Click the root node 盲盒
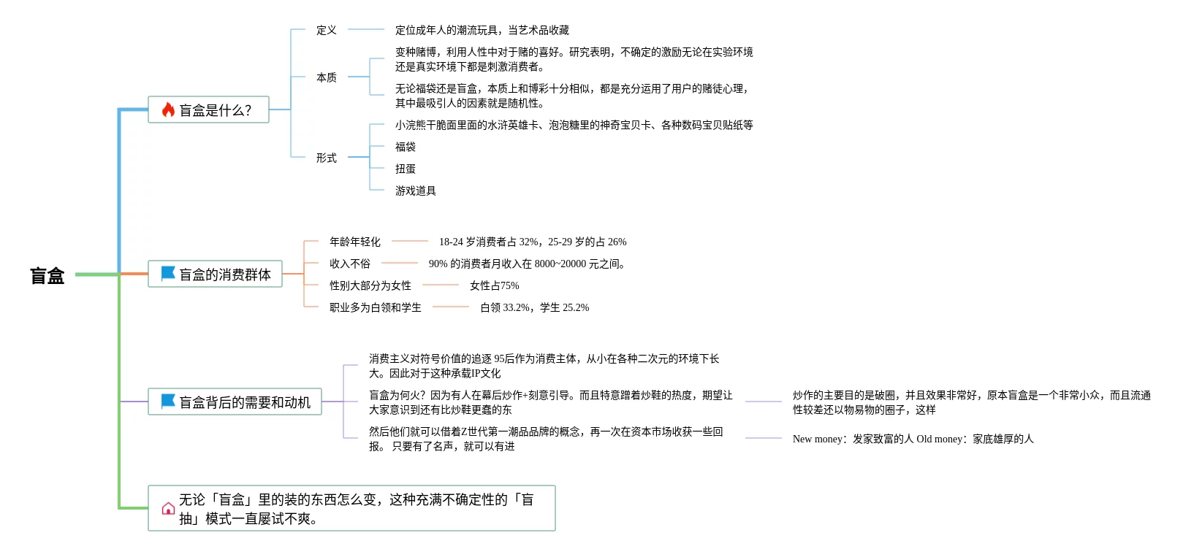point(47,275)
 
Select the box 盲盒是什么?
point(208,110)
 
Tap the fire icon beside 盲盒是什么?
point(168,110)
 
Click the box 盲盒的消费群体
point(215,274)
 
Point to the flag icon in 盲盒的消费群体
point(168,274)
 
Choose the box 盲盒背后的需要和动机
point(235,402)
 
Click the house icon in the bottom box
point(168,509)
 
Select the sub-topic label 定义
point(326,30)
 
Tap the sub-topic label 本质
point(326,77)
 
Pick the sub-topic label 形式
point(326,158)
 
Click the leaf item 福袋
point(405,147)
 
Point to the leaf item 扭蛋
point(405,169)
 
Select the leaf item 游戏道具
point(415,191)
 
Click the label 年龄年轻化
point(354,242)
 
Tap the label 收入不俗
point(349,264)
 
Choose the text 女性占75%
point(494,285)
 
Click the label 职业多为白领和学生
point(375,307)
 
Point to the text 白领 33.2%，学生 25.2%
point(534,307)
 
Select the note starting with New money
point(913,439)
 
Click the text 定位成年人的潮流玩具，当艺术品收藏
point(482,30)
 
